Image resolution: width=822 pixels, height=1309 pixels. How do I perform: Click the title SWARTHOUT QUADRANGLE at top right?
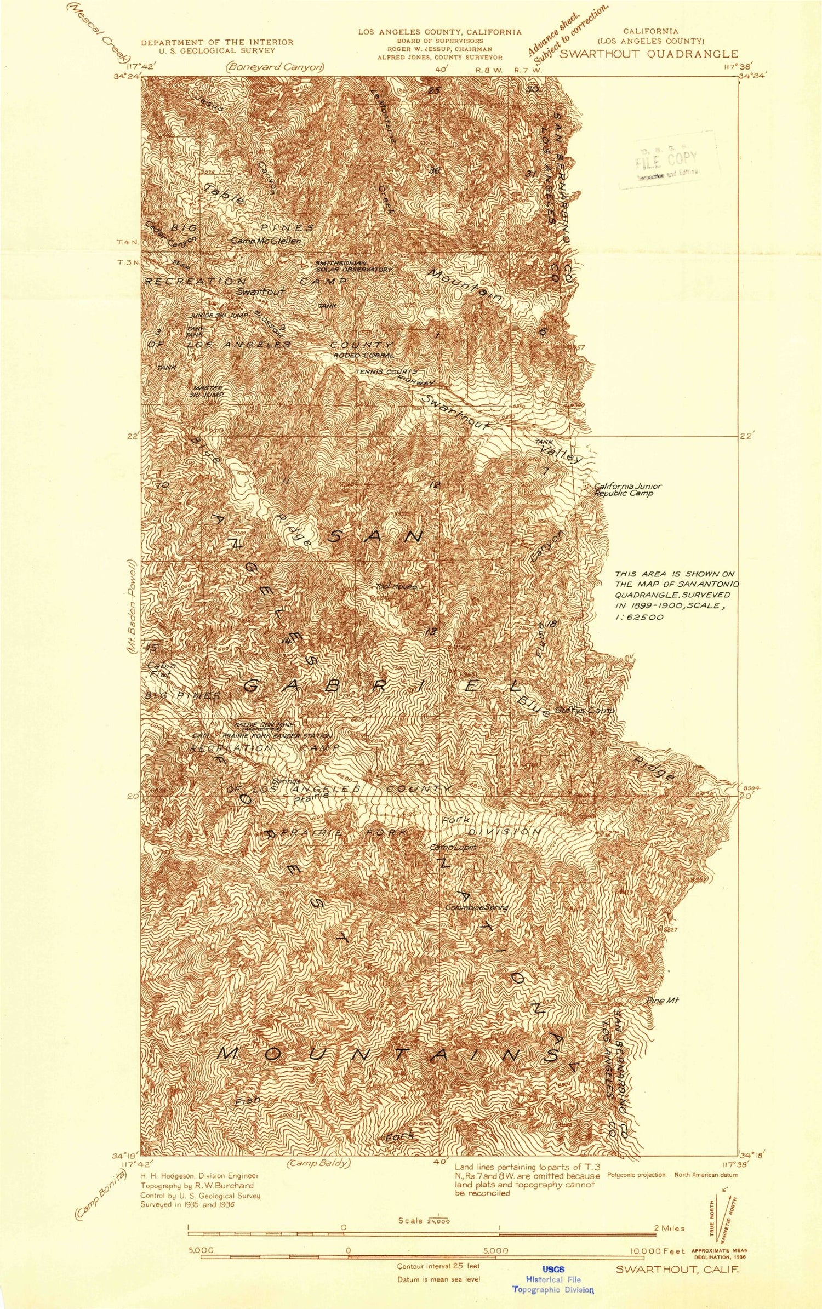coord(648,54)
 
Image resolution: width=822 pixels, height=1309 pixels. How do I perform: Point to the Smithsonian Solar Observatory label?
coord(353,266)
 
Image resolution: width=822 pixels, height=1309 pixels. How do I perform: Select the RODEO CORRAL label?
coord(364,356)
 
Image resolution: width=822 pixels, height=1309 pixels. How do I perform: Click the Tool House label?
coord(397,586)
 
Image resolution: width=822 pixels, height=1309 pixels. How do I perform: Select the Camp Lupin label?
coord(453,848)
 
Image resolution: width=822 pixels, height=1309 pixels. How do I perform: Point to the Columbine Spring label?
coord(477,908)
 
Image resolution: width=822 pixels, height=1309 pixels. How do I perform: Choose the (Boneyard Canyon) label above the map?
coord(275,67)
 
